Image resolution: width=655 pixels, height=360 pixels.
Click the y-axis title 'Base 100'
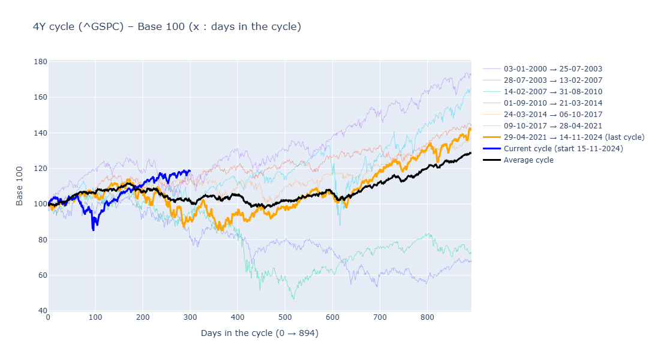point(20,186)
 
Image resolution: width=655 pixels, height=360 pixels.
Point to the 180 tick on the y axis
point(40,61)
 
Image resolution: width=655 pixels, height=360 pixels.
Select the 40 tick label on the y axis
point(40,311)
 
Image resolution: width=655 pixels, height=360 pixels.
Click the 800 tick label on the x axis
point(427,318)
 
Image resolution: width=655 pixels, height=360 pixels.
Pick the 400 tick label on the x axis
point(238,318)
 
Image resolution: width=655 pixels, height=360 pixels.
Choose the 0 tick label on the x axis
point(48,318)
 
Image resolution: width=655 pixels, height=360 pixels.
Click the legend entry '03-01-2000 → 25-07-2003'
point(552,69)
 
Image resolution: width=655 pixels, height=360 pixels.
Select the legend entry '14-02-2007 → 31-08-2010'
point(552,92)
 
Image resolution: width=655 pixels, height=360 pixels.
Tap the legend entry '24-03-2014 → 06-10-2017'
point(552,115)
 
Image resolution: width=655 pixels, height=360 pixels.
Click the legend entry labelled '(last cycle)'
point(573,137)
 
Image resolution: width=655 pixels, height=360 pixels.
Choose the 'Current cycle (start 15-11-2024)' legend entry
point(563,149)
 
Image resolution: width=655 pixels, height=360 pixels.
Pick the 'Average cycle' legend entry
point(528,160)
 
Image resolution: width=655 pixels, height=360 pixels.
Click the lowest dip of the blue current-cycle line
point(93,229)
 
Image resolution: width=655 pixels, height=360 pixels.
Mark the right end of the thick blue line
point(190,170)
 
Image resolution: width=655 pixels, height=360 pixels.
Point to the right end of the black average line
point(471,153)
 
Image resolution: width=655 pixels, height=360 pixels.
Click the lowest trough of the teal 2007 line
point(293,299)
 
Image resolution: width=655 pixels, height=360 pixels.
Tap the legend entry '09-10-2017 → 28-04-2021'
point(552,126)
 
